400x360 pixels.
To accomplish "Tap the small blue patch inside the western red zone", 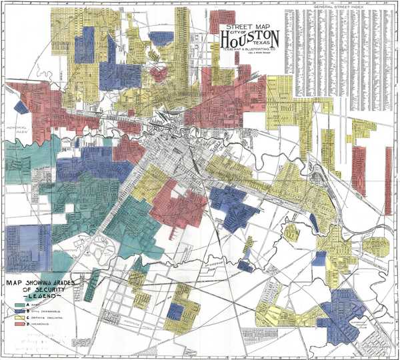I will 21,106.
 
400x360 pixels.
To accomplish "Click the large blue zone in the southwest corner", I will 27,246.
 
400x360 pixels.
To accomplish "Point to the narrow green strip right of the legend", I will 93,283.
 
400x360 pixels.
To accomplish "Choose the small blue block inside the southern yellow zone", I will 175,310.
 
